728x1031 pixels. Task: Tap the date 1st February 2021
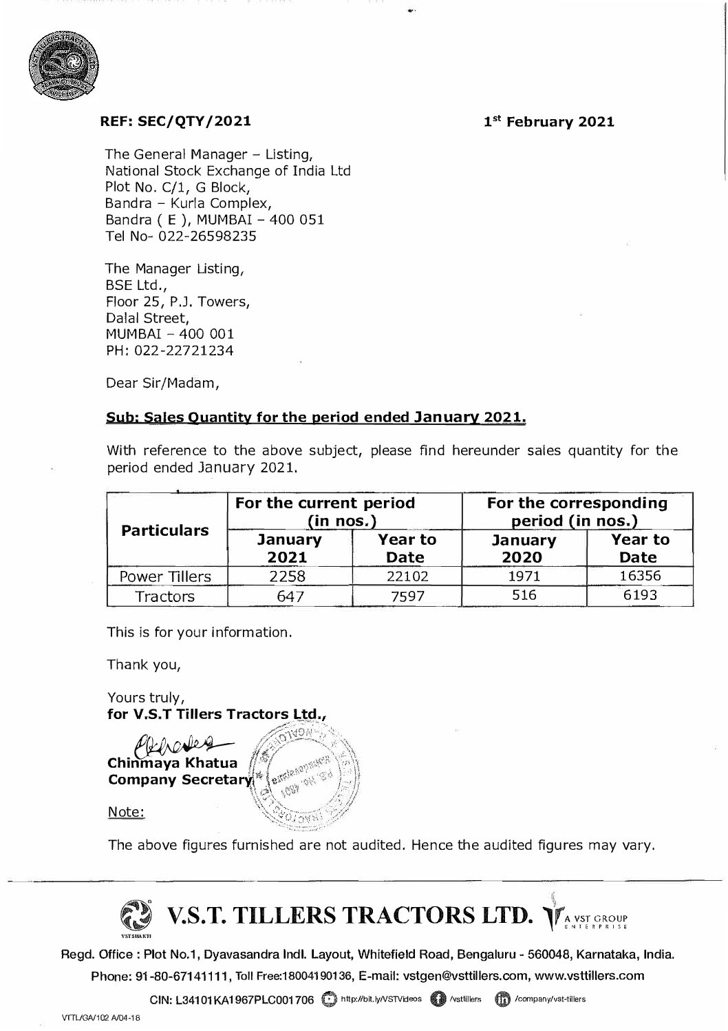[x=548, y=122]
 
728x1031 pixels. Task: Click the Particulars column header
[x=165, y=530]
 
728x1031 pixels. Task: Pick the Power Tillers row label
[x=165, y=576]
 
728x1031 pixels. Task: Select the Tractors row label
[x=165, y=596]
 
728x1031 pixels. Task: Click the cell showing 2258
[x=288, y=576]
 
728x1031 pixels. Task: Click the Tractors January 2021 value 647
[x=288, y=596]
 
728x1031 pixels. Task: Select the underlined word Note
[x=126, y=813]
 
